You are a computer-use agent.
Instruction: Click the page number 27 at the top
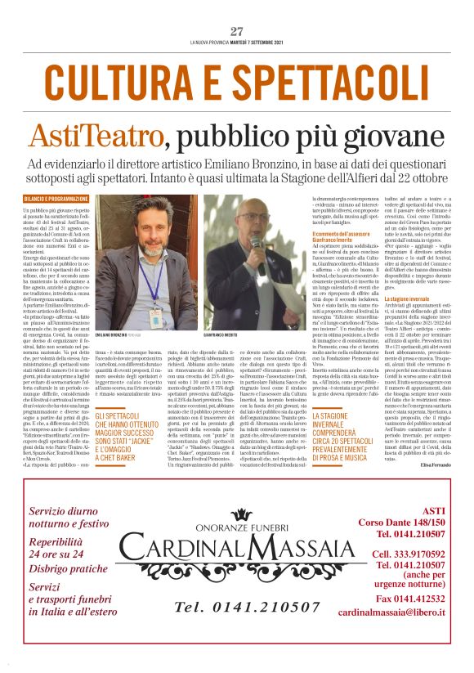236,31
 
